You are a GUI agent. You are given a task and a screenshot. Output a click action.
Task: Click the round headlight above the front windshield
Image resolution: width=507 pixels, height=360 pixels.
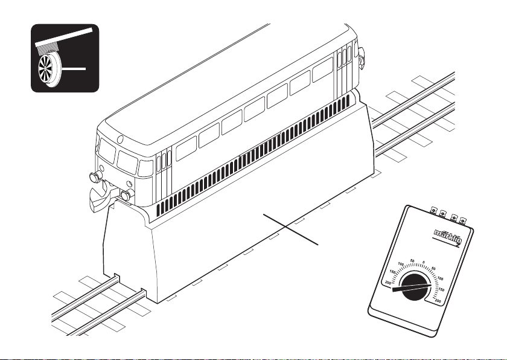point(120,140)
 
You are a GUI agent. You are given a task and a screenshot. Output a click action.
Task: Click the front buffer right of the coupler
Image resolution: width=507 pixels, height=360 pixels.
point(126,194)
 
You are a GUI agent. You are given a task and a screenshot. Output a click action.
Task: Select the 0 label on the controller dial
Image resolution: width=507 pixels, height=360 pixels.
point(424,263)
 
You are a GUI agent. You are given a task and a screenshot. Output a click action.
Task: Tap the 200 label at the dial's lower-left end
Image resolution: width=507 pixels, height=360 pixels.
point(387,282)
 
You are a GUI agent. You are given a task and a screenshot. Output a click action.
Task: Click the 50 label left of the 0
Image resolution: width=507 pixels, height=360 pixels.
point(412,262)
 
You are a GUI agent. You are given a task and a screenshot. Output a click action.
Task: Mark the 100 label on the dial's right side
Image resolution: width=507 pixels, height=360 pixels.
point(440,278)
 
